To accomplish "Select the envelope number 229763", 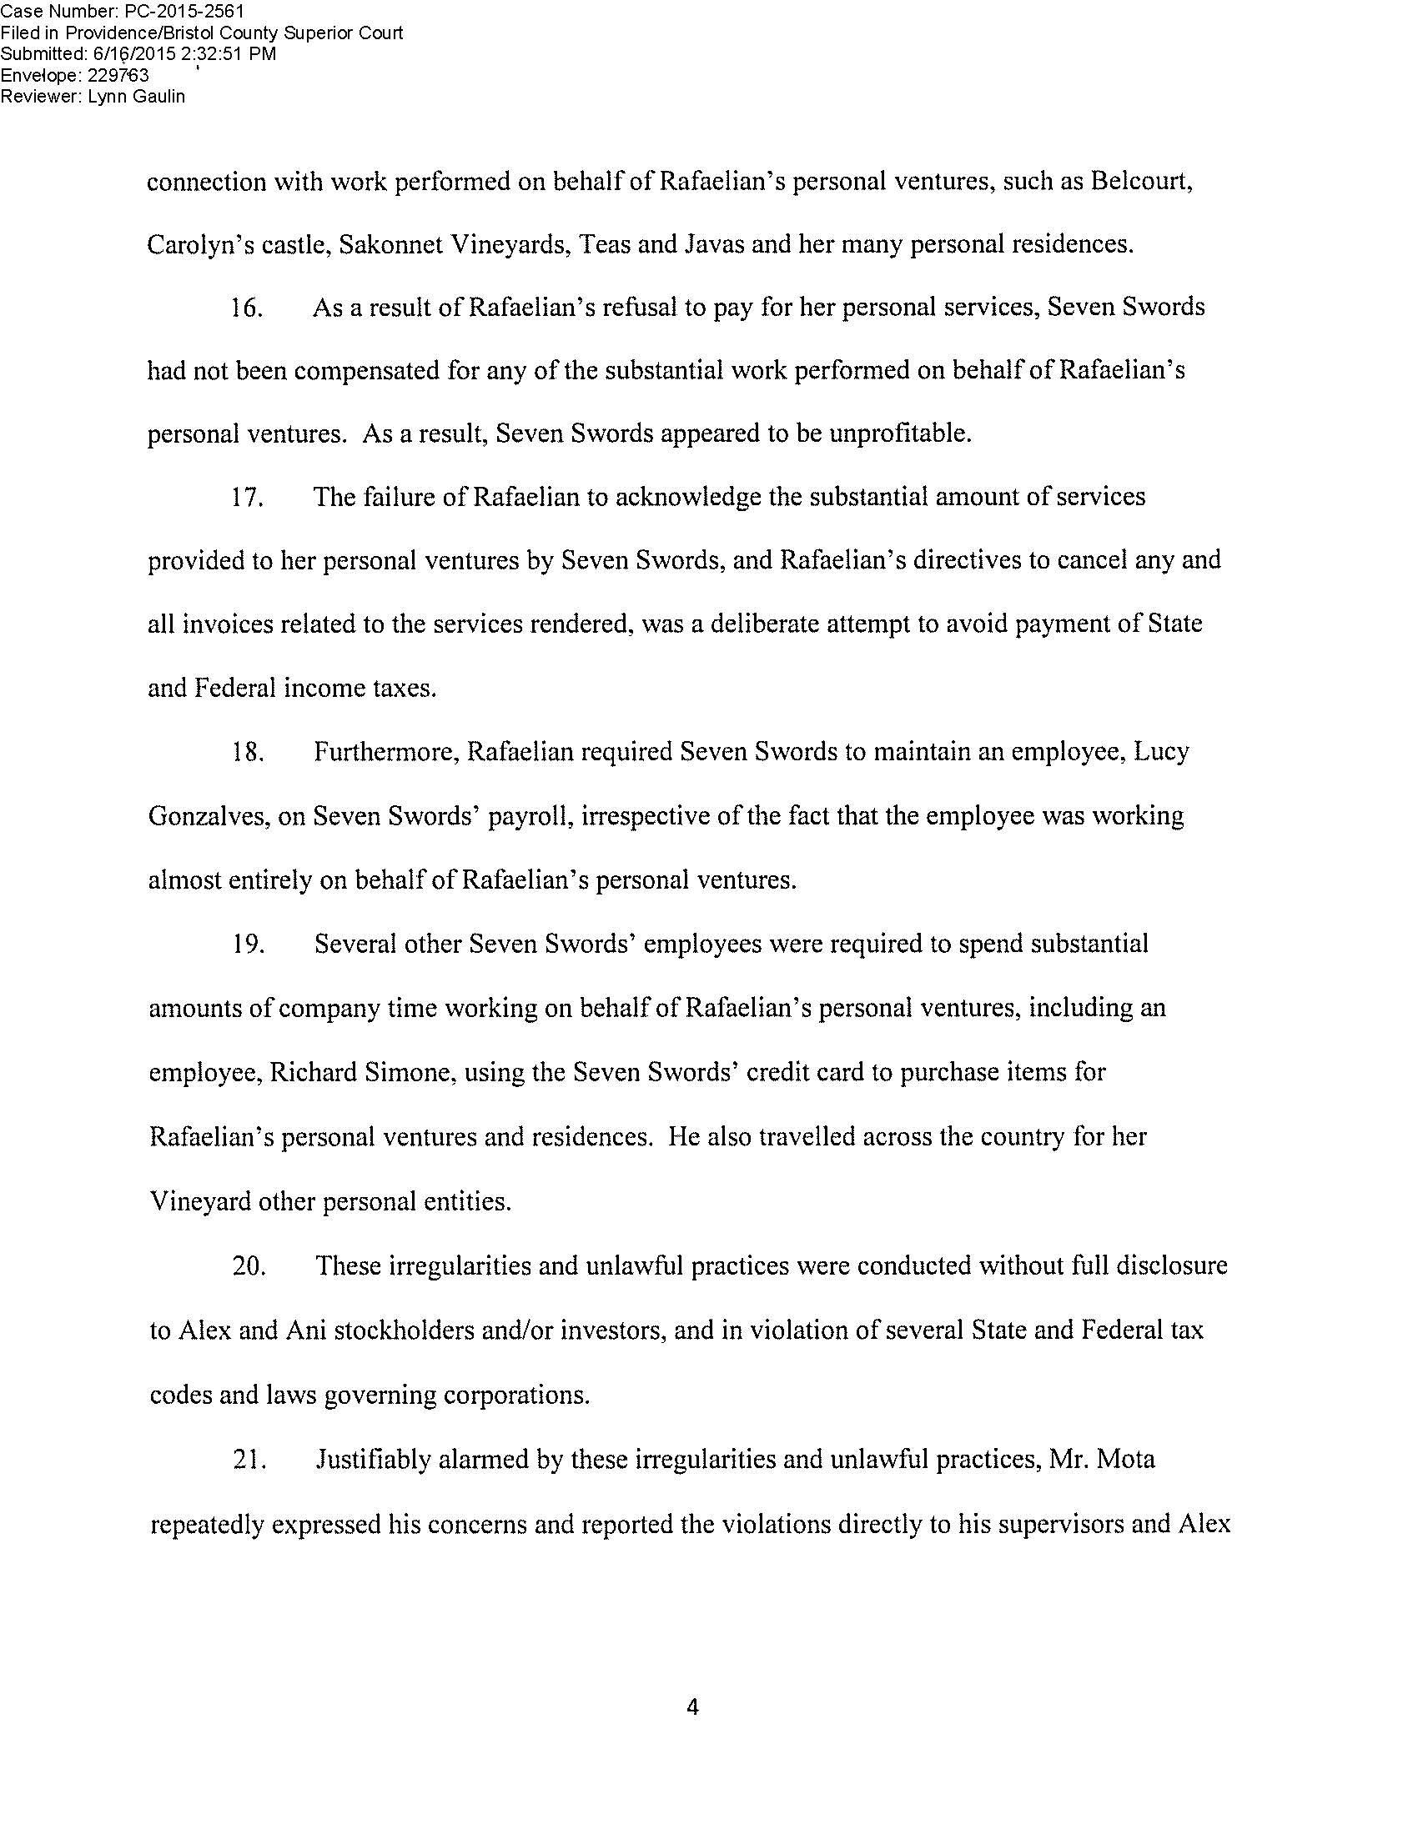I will (118, 75).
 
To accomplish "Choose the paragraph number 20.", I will (249, 1265).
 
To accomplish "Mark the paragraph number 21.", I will (249, 1460).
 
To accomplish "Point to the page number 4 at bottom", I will (693, 1707).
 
